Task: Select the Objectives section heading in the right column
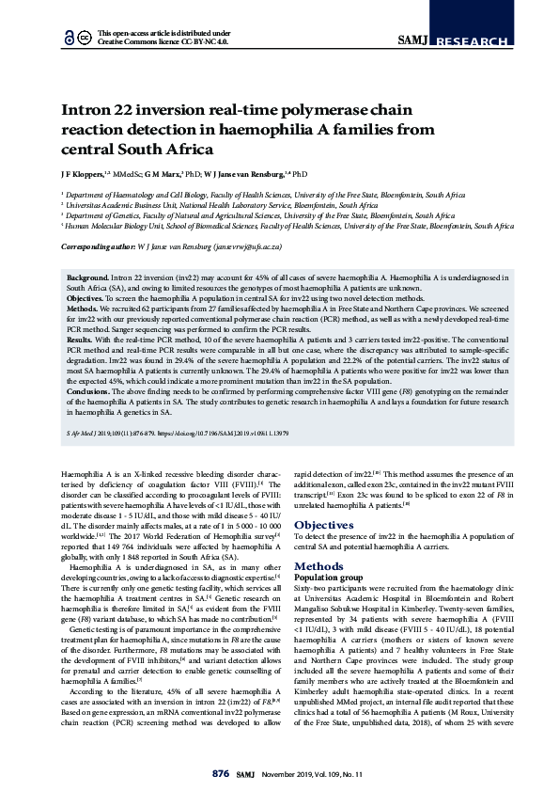click(x=323, y=525)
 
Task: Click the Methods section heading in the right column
click(x=318, y=566)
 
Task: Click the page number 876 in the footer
click(x=220, y=773)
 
